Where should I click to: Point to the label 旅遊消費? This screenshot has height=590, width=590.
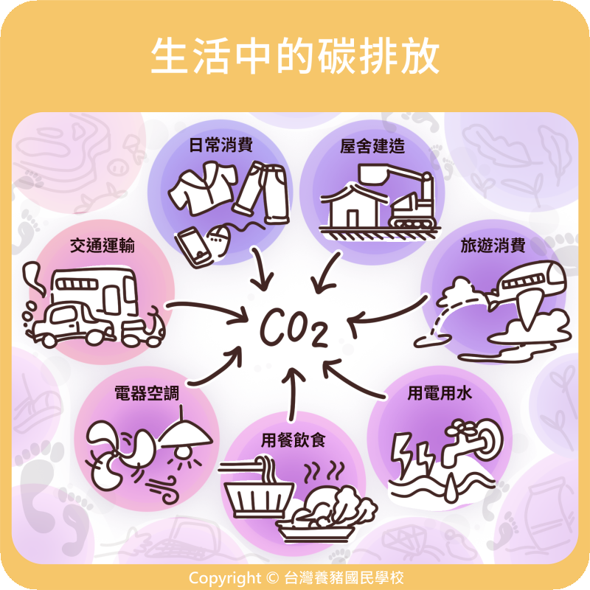point(492,246)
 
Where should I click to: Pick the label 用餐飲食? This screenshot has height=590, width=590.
point(294,441)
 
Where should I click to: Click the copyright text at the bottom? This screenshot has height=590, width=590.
point(295,577)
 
